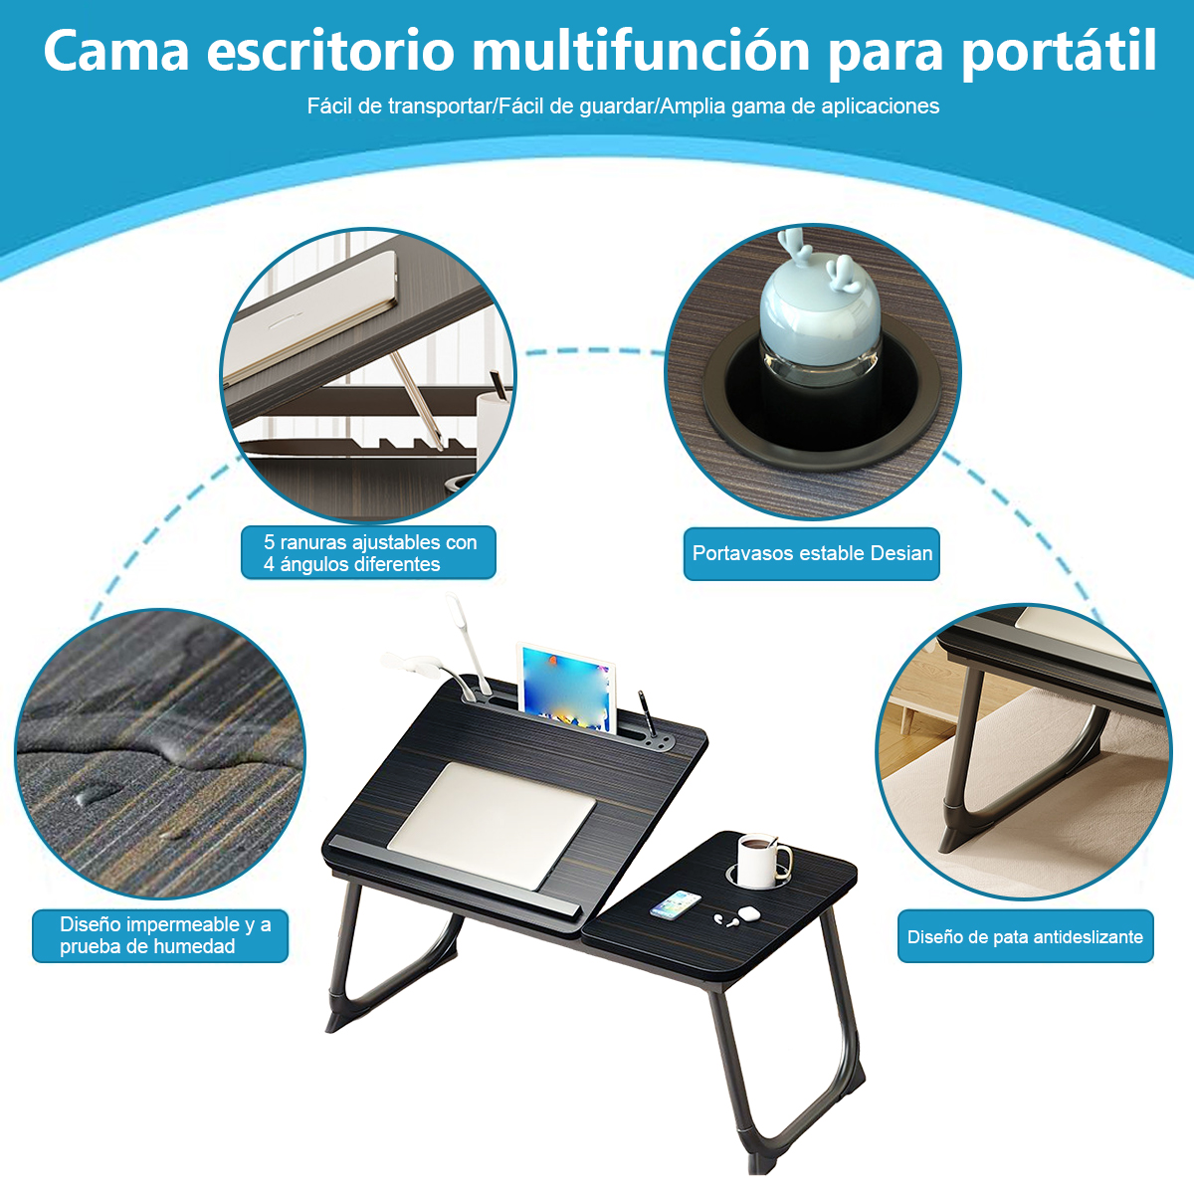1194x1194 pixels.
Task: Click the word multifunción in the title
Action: [x=642, y=51]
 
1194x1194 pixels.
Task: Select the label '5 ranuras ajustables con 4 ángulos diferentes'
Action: [x=369, y=552]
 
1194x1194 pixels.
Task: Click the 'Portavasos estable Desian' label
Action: [x=812, y=553]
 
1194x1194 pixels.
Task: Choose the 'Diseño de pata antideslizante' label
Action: [x=1026, y=936]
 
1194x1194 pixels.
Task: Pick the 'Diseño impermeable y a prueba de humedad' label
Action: [x=160, y=935]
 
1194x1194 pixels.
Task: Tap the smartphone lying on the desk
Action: [x=676, y=904]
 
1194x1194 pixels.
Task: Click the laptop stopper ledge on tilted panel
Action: [x=456, y=875]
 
